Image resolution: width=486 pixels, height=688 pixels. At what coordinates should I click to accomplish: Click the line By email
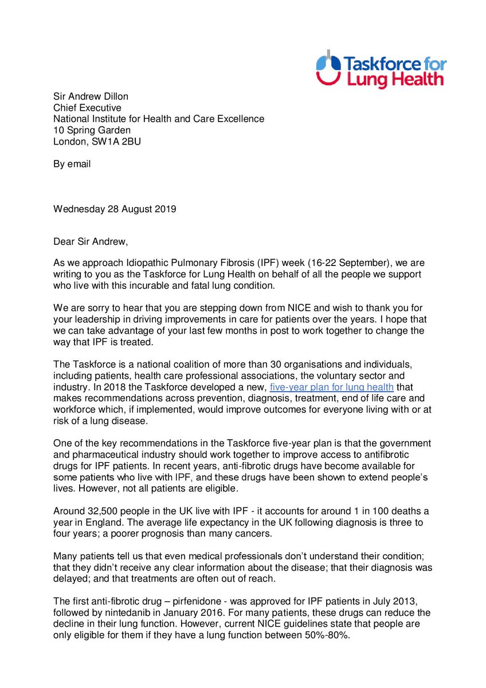pos(72,163)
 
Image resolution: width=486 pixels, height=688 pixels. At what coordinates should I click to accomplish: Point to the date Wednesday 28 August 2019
pos(115,209)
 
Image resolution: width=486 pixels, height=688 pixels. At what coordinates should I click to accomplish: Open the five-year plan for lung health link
pos(331,386)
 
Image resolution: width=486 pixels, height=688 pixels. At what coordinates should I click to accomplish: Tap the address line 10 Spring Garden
pos(92,130)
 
